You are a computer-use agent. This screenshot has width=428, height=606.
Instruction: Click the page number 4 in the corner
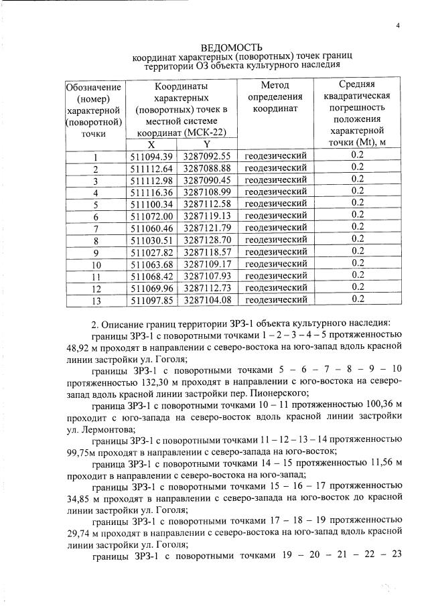click(397, 26)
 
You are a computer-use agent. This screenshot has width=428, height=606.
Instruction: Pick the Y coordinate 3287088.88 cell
click(207, 167)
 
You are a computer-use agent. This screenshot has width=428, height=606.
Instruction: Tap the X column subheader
click(151, 144)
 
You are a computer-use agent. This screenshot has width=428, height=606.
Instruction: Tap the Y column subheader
click(207, 144)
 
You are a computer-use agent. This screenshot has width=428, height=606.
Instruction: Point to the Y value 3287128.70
click(207, 240)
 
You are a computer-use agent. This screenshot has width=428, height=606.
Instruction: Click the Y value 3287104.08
click(207, 300)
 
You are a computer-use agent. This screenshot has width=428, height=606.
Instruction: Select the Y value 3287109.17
click(207, 264)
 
